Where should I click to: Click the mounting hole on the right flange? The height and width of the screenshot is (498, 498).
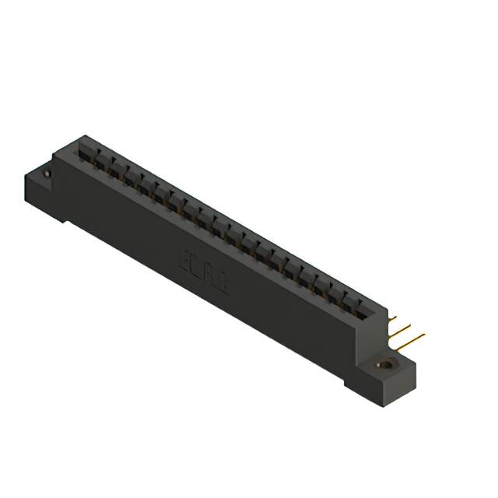point(384,363)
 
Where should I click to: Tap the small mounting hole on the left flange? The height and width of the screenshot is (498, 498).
point(47,175)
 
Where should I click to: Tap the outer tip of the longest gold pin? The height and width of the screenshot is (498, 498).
point(425,335)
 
